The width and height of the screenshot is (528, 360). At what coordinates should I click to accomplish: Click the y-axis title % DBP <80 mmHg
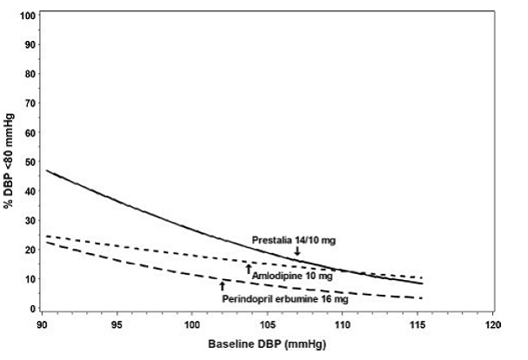point(9,162)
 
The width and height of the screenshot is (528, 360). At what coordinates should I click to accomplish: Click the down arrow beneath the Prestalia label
point(297,250)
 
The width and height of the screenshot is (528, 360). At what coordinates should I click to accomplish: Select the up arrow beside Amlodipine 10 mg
point(248,270)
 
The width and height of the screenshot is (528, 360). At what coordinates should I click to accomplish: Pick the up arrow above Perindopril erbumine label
point(222,285)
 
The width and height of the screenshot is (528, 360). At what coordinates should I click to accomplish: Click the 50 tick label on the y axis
point(31,162)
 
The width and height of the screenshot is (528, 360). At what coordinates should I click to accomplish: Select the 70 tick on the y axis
point(31,103)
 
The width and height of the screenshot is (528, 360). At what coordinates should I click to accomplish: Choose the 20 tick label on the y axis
point(31,250)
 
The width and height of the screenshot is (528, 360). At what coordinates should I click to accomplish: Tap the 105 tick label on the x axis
point(267,326)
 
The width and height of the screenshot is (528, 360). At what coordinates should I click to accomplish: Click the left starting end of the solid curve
point(46,171)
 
